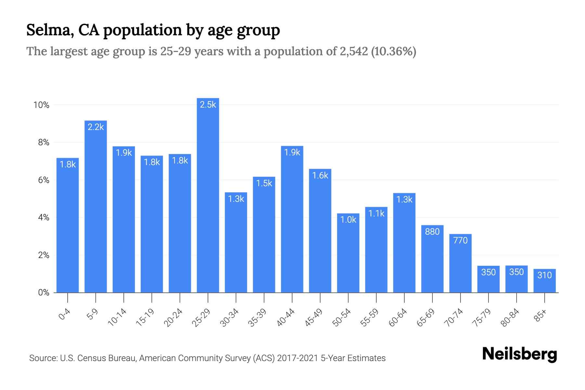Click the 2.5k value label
pos(208,105)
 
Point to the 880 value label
pos(432,232)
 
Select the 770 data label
pos(460,240)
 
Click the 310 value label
pos(544,275)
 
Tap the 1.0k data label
pos(348,220)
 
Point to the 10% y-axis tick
pos(41,105)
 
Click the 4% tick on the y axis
pos(44,217)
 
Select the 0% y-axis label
pos(44,292)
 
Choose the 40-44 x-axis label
pos(286,318)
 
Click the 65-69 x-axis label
pos(426,318)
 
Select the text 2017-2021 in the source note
pos(298,358)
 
